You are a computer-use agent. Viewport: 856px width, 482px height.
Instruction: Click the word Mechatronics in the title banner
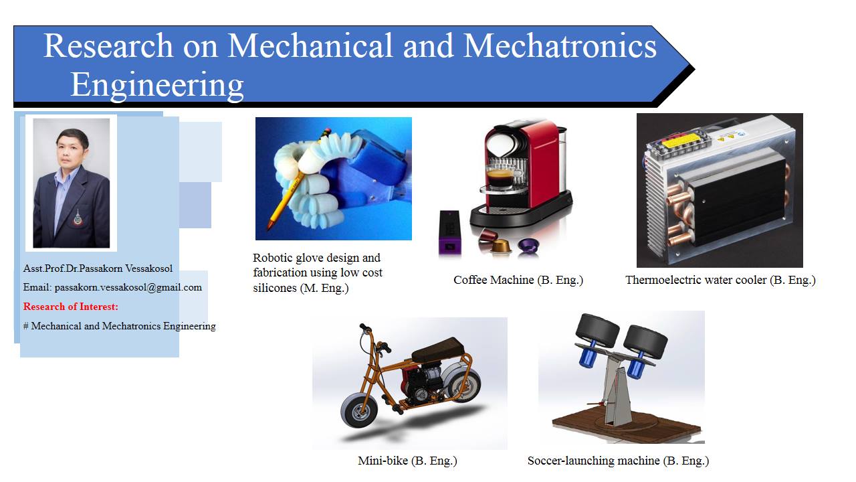click(x=560, y=46)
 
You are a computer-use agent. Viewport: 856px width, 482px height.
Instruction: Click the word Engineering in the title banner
click(x=157, y=85)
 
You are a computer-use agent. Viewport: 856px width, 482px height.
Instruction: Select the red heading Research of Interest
click(x=71, y=307)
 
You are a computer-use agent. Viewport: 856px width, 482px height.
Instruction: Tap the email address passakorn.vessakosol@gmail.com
click(x=128, y=288)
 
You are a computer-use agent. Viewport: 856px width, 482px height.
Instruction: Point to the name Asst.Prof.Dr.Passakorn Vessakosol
click(x=98, y=268)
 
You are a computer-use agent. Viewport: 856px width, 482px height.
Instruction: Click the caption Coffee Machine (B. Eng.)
click(x=518, y=280)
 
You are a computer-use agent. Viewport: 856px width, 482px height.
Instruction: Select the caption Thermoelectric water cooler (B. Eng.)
click(x=720, y=280)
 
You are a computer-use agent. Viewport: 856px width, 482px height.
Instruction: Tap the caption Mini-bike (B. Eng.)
click(x=407, y=461)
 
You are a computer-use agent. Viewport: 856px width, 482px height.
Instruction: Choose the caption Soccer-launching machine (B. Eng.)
click(x=618, y=461)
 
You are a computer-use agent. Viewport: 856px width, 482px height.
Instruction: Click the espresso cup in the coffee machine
click(x=500, y=178)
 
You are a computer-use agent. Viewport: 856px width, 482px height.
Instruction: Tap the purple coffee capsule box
click(x=450, y=232)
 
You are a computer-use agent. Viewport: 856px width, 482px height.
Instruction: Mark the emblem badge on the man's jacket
click(x=78, y=218)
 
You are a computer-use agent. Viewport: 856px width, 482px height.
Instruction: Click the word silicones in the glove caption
click(x=274, y=288)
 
